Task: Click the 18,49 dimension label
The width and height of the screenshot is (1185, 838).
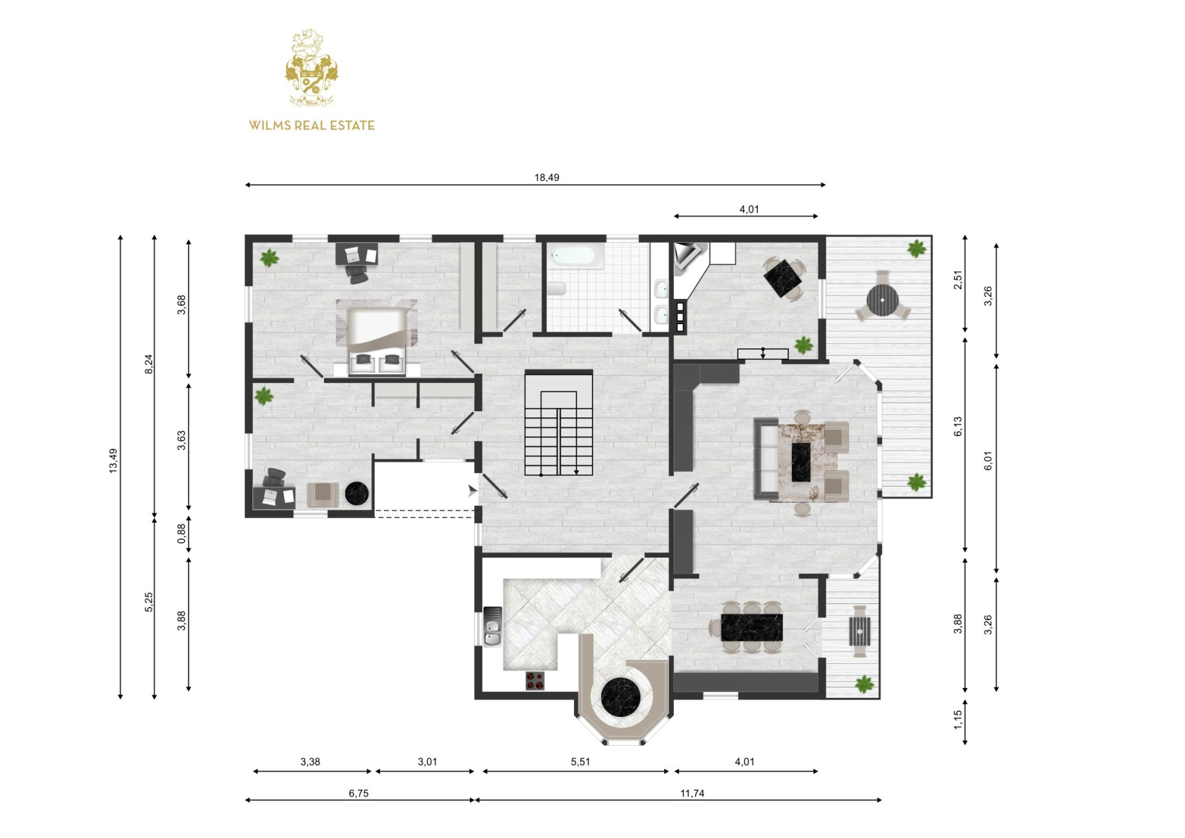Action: coord(547,178)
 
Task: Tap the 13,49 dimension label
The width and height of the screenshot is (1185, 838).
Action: coord(113,461)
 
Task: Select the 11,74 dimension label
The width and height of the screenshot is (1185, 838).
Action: coord(692,794)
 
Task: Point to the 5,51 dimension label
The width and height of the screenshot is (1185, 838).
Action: coord(580,762)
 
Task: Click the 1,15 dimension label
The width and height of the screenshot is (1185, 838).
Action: coord(958,719)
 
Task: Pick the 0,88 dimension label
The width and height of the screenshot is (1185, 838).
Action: coord(181,534)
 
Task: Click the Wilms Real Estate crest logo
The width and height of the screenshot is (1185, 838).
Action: coord(311,67)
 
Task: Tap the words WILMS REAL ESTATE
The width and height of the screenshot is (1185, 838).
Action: coord(312,125)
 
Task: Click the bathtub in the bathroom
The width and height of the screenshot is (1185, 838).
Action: coord(576,256)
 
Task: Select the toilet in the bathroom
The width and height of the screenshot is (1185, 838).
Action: coord(557,288)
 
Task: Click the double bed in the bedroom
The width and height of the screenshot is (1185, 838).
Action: coord(376,340)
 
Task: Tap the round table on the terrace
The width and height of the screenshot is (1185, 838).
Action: coord(883,300)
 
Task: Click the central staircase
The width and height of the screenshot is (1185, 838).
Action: coord(559,423)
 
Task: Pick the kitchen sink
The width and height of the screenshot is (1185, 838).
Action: coord(493,626)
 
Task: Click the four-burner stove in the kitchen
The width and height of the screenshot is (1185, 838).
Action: coord(535,681)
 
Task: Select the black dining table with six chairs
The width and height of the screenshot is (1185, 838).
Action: coord(752,627)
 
